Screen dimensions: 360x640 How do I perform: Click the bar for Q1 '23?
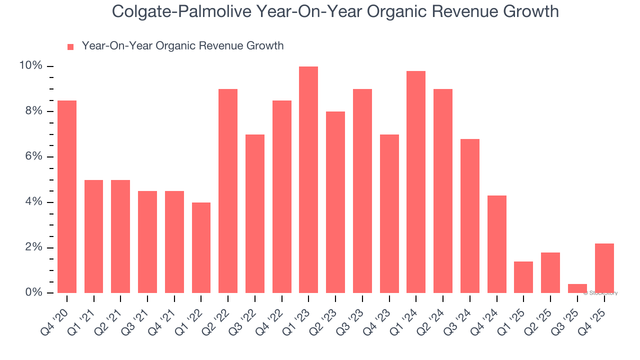pyautogui.click(x=308, y=179)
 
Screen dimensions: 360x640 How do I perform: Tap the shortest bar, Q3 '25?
pyautogui.click(x=577, y=288)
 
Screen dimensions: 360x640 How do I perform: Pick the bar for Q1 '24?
pyautogui.click(x=416, y=182)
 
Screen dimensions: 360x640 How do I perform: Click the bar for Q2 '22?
pyautogui.click(x=228, y=191)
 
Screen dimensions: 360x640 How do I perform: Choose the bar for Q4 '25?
pyautogui.click(x=604, y=268)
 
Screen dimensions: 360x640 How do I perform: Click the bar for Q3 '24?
pyautogui.click(x=470, y=216)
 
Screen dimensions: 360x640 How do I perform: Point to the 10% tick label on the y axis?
pyautogui.click(x=30, y=66)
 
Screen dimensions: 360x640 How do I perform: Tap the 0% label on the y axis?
pyautogui.click(x=33, y=292)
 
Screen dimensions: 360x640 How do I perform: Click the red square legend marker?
pyautogui.click(x=70, y=46)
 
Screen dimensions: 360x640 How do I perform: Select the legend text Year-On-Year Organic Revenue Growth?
pyautogui.click(x=182, y=46)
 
